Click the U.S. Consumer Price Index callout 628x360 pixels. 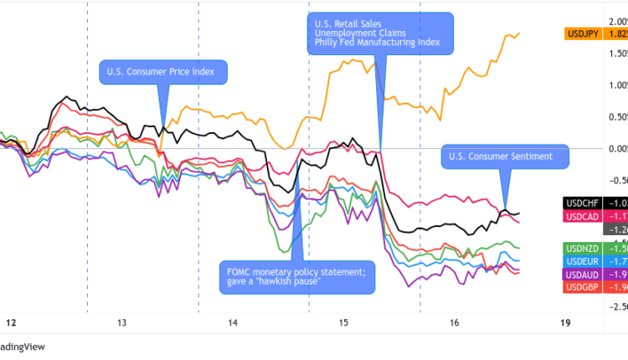pyautogui.click(x=162, y=72)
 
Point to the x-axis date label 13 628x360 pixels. pyautogui.click(x=121, y=323)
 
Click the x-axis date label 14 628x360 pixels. pyautogui.click(x=232, y=323)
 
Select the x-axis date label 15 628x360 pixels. pyautogui.click(x=343, y=323)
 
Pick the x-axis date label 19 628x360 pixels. pyautogui.click(x=565, y=323)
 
